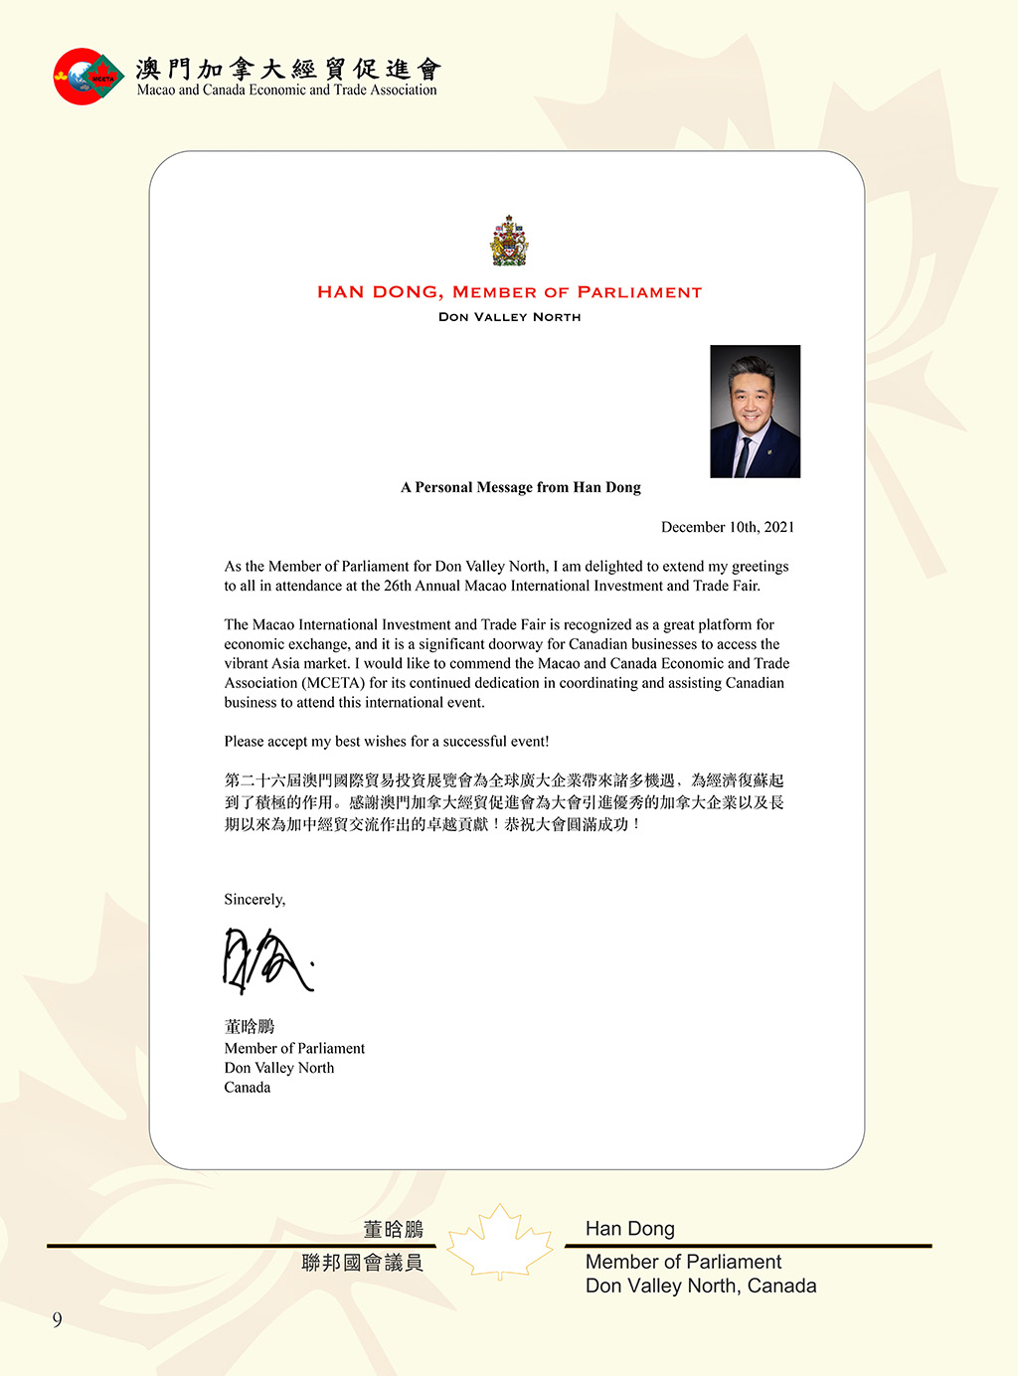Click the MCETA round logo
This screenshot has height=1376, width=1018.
tap(87, 77)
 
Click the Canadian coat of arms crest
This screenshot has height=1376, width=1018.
tap(509, 242)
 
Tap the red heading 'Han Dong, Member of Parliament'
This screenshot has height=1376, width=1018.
tap(509, 292)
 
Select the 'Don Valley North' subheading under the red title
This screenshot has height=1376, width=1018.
tap(509, 317)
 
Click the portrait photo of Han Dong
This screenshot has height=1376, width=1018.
tap(755, 412)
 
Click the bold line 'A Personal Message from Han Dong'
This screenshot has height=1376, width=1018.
tap(521, 487)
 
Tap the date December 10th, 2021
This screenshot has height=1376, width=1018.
tap(728, 527)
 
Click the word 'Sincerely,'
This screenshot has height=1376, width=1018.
tap(254, 900)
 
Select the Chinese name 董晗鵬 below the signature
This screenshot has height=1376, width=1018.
tap(250, 1026)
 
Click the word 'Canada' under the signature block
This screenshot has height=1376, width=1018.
tap(248, 1088)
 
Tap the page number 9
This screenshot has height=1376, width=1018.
tap(58, 1319)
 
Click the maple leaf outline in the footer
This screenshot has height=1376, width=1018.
tap(500, 1242)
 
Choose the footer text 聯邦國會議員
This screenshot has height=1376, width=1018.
tap(363, 1263)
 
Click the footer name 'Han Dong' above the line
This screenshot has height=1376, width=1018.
tap(630, 1229)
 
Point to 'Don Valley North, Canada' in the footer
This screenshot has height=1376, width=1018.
tap(701, 1286)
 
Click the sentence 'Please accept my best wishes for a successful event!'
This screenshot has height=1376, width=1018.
tap(387, 742)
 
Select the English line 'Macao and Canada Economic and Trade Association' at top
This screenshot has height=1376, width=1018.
tap(287, 90)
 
